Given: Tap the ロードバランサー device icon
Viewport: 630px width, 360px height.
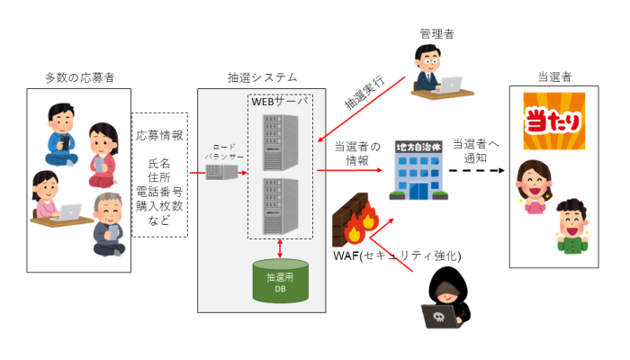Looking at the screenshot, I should [221, 166].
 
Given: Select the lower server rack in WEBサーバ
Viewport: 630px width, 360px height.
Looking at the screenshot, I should [279, 204].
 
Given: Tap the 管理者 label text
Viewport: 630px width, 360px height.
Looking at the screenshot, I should [436, 33].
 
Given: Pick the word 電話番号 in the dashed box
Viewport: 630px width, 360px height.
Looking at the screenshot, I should [159, 192].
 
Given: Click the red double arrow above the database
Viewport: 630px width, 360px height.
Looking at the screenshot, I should [281, 247].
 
